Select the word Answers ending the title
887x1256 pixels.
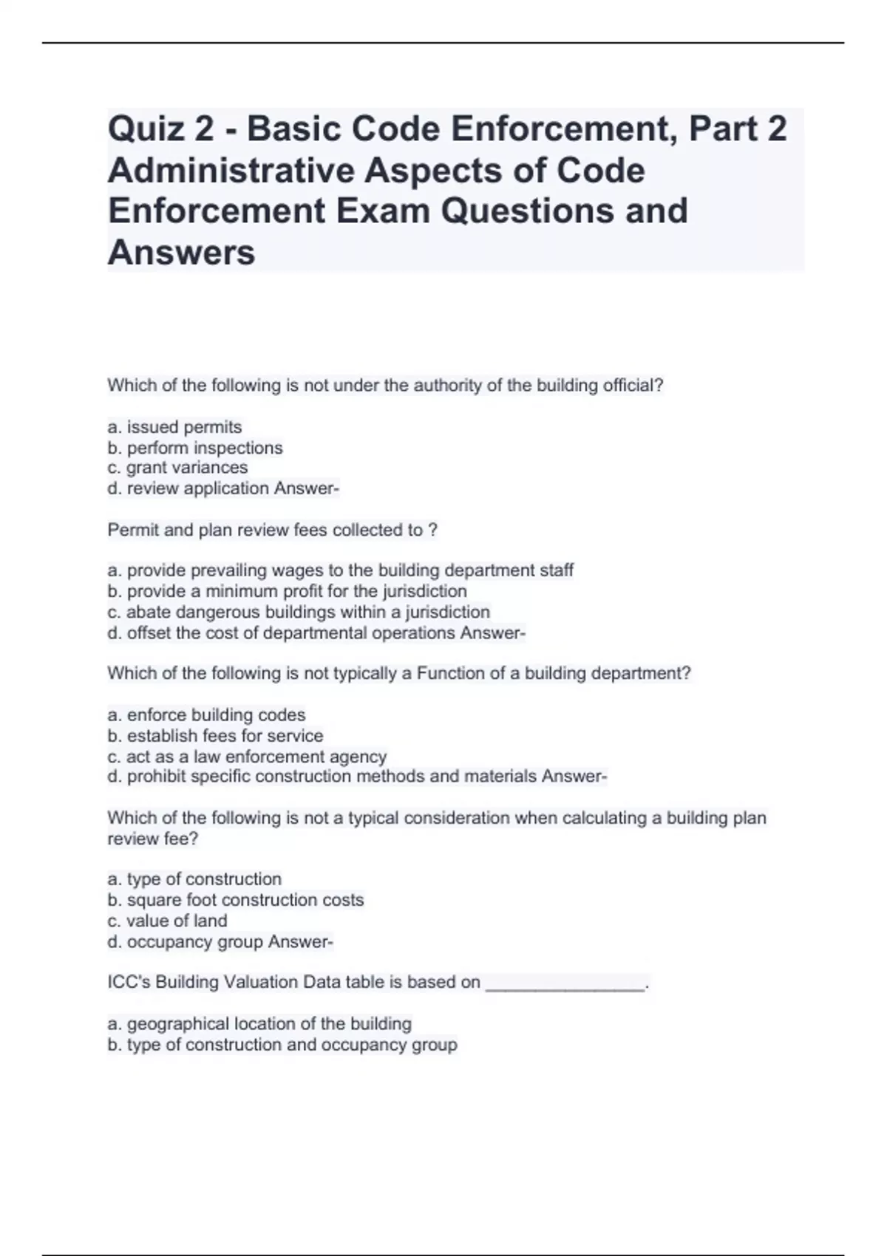click(x=181, y=253)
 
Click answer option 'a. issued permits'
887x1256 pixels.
click(x=174, y=427)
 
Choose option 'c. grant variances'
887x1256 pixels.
click(x=177, y=468)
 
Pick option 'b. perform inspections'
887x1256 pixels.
click(x=195, y=448)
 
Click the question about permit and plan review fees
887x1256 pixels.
click(x=272, y=530)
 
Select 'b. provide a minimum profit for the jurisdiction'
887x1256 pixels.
click(x=287, y=591)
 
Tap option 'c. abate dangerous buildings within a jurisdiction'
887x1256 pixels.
click(x=299, y=612)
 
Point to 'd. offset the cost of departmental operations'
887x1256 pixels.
click(x=281, y=633)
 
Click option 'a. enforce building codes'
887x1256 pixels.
click(x=206, y=714)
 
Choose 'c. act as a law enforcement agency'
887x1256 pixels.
click(x=247, y=757)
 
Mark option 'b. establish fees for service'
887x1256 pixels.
click(x=215, y=736)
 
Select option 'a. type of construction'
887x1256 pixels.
click(x=194, y=879)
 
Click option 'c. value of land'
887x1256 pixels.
click(x=168, y=921)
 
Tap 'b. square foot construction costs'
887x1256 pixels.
click(x=236, y=900)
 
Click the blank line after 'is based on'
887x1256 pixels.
click(x=565, y=984)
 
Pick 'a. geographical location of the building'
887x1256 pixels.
click(x=259, y=1024)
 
